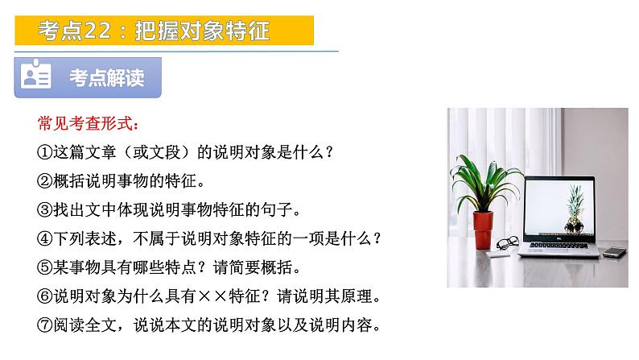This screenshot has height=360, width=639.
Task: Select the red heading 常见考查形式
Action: pos(89,125)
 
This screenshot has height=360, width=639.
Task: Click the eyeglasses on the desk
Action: pos(507,242)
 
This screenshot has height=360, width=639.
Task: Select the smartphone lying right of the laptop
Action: pos(615,252)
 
